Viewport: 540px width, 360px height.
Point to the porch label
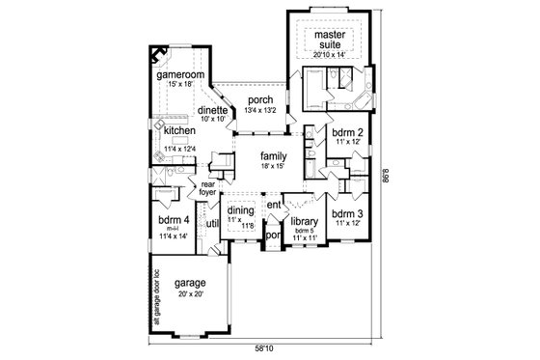pyautogui.click(x=260, y=99)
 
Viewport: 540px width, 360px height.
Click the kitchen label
pyautogui.click(x=180, y=130)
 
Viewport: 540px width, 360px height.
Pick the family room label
pyautogui.click(x=275, y=154)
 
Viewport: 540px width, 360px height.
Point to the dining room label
pyautogui.click(x=239, y=211)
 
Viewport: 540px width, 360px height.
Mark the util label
pyautogui.click(x=212, y=223)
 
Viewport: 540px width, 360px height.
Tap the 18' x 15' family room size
pyautogui.click(x=275, y=166)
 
